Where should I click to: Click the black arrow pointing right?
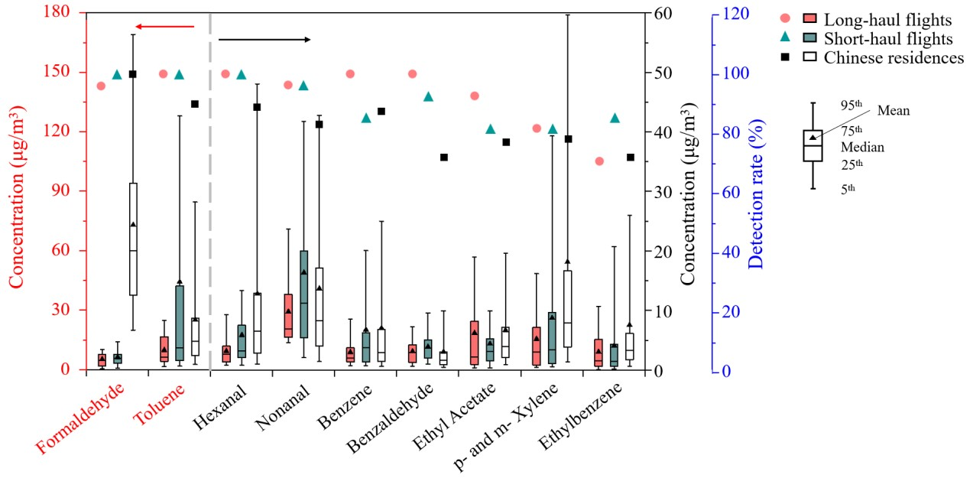pyautogui.click(x=264, y=39)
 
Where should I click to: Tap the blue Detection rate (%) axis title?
pyautogui.click(x=757, y=191)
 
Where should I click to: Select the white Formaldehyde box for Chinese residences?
pyautogui.click(x=133, y=239)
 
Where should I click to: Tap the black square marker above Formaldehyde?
pyautogui.click(x=132, y=74)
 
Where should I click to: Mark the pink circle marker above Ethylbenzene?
pyautogui.click(x=599, y=161)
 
